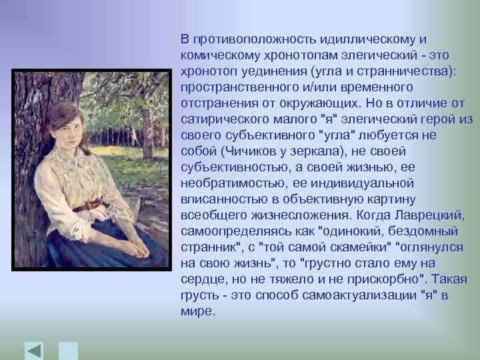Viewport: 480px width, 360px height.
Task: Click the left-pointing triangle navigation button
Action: pos(34,351)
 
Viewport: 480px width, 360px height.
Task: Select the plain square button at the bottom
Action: pos(69,351)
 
